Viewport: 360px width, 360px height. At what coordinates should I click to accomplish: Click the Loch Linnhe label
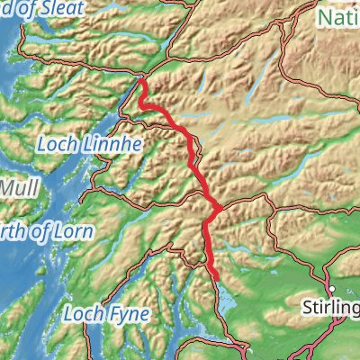pyautogui.click(x=79, y=141)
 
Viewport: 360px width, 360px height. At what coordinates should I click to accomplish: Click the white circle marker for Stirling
pyautogui.click(x=332, y=289)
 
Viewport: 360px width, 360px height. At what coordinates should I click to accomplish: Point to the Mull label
pyautogui.click(x=16, y=189)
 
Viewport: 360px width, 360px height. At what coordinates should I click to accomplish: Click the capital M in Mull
pyautogui.click(x=8, y=189)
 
